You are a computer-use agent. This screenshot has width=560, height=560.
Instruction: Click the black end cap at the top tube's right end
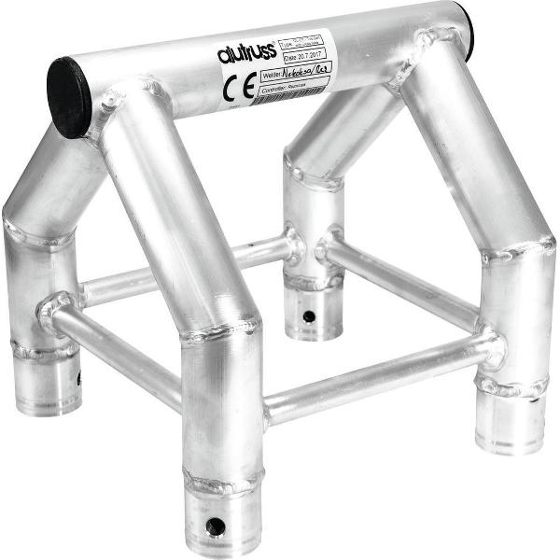pos(464,30)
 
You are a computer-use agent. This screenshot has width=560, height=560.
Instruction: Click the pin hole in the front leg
pos(217,525)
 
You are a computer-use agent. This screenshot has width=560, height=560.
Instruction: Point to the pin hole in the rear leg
pos(308,316)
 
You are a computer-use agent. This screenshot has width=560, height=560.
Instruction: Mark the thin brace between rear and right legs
pos(401,285)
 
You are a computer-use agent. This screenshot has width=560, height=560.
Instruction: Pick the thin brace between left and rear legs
pos(187,269)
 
